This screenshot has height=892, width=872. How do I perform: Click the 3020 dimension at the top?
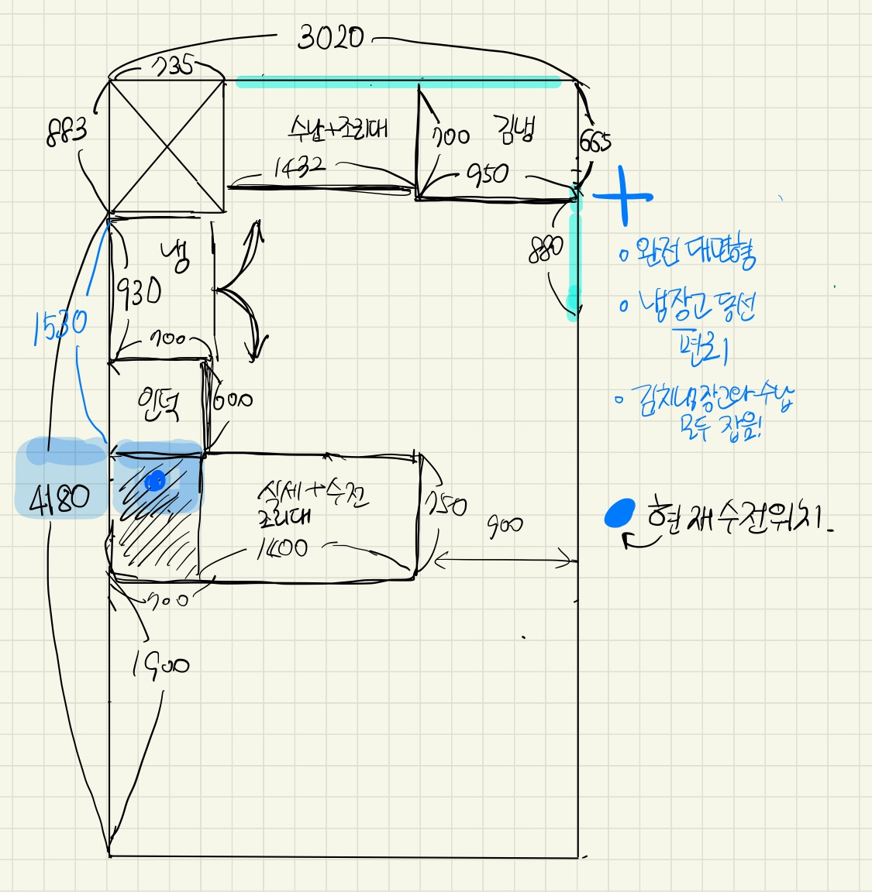click(x=330, y=36)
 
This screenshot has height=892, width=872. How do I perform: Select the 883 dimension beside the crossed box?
click(x=67, y=132)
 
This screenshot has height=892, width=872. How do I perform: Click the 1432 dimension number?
click(x=298, y=167)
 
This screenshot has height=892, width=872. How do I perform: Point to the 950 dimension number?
click(x=488, y=174)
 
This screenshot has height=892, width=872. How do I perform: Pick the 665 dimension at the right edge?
click(x=595, y=142)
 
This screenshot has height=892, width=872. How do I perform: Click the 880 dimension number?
click(x=546, y=250)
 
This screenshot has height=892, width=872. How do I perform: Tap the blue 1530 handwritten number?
click(x=60, y=327)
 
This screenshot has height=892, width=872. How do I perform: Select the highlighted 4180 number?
click(x=59, y=499)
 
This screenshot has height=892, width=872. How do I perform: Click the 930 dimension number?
click(x=140, y=292)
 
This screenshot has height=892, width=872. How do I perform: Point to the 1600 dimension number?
click(x=281, y=549)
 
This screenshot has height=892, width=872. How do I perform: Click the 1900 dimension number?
click(x=160, y=664)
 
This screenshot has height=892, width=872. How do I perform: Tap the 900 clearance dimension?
click(x=505, y=527)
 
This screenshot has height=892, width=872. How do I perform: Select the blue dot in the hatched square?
click(x=155, y=482)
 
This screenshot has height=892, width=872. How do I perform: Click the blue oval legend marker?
click(x=619, y=513)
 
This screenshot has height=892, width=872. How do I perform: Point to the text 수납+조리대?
click(x=338, y=129)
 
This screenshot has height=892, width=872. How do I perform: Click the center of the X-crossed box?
click(x=167, y=146)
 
